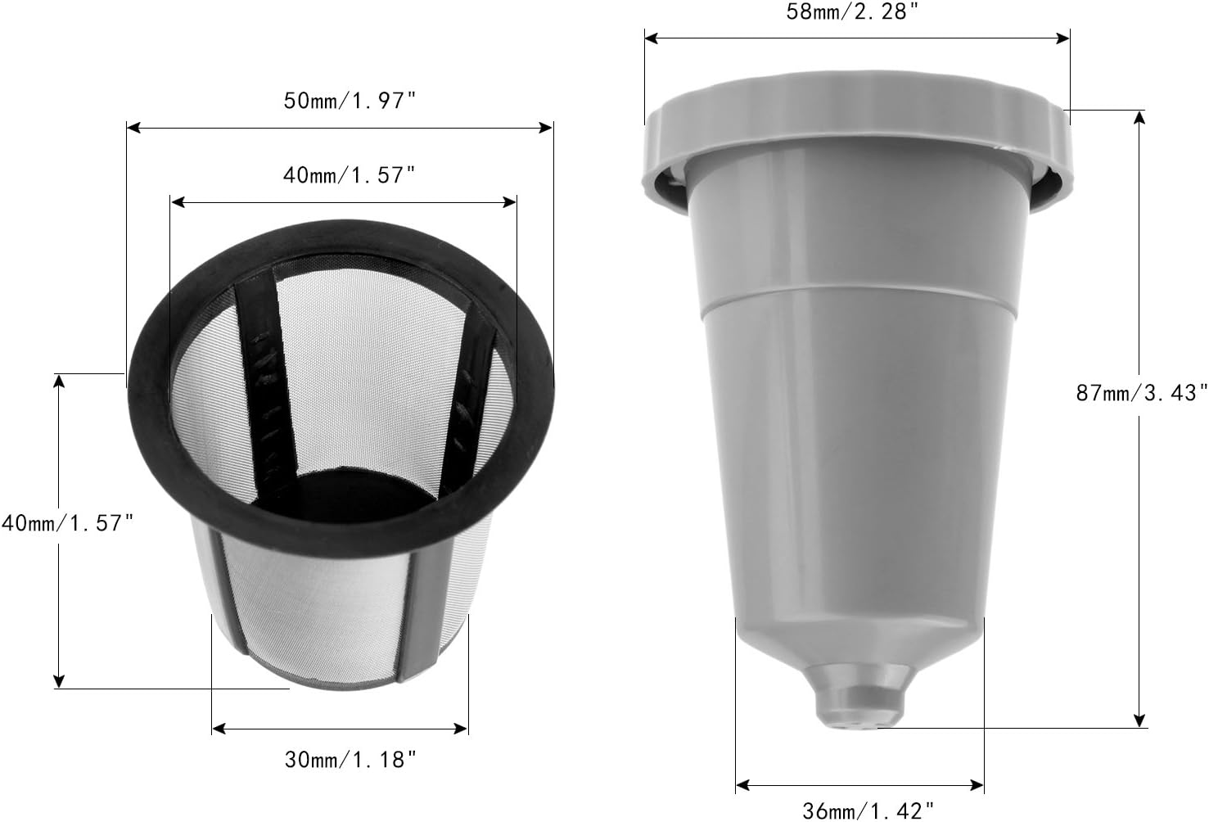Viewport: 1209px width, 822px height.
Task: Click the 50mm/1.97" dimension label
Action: [350, 102]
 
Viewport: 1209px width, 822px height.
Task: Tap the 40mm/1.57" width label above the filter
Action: [350, 175]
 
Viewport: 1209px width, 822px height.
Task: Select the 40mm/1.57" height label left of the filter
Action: [67, 523]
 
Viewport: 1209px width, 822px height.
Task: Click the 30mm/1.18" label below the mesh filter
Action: [350, 760]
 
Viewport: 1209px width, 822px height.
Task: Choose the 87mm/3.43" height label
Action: [1141, 393]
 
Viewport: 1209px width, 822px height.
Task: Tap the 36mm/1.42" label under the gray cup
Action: [868, 811]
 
